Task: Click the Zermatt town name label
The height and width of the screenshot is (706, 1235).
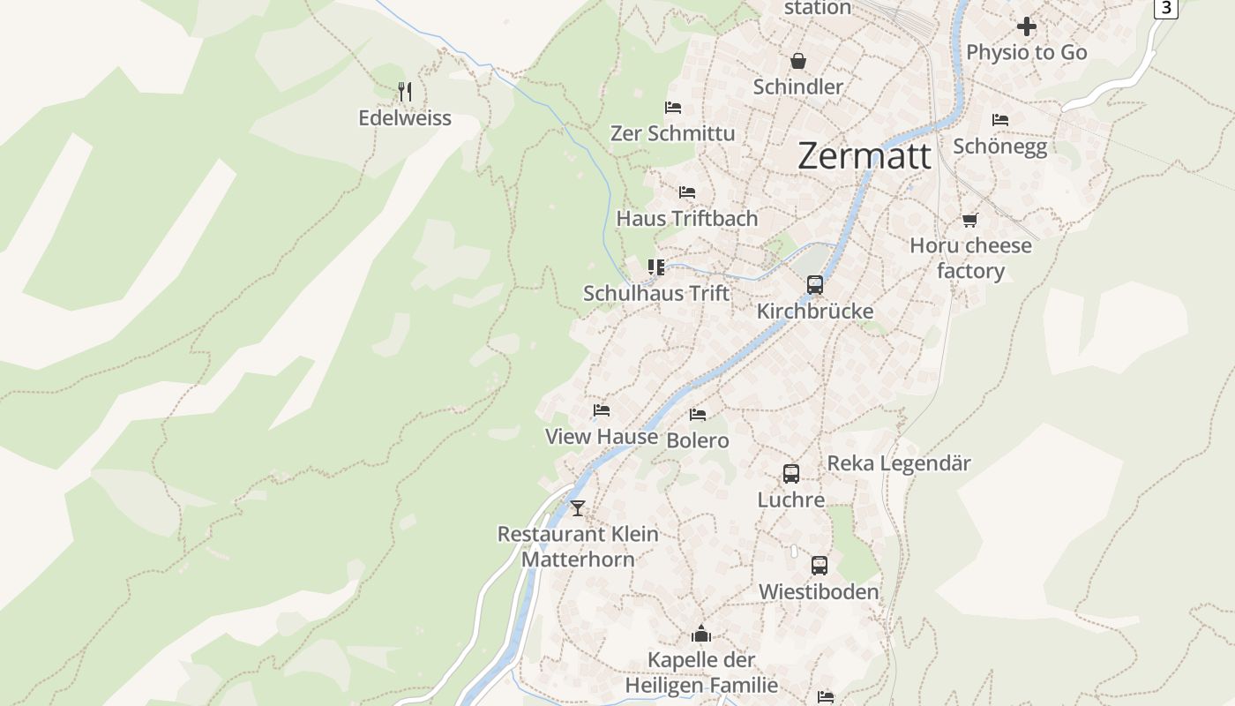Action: coord(864,156)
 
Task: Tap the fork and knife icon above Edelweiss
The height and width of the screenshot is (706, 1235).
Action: coord(405,91)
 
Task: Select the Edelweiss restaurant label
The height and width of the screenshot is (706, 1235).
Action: coord(405,118)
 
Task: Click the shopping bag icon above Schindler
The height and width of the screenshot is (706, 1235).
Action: coord(798,60)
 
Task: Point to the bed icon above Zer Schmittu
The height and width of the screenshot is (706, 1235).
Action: coord(673,108)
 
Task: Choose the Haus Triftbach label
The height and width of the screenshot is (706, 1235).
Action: coord(686,219)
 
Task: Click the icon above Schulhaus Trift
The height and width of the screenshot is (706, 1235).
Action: coord(656,267)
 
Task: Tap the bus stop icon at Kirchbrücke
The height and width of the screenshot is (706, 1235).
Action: coord(815,285)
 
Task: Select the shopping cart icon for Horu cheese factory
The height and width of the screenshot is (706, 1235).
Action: coord(970,220)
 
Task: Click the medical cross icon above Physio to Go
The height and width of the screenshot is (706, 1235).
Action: coord(1027,26)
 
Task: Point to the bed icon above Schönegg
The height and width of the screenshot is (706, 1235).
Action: coord(999,119)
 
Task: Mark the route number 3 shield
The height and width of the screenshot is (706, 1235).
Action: coord(1165,8)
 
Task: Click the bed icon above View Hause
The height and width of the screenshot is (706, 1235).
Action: coord(602,410)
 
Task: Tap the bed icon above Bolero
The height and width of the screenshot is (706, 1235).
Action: coord(698,414)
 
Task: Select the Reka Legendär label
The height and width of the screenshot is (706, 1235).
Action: coord(898,463)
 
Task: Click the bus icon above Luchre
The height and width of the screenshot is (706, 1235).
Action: coord(791,474)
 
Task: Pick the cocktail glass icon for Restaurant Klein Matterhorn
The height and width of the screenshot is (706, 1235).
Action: coord(578,508)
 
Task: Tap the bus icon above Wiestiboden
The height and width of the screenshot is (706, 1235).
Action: coord(820,566)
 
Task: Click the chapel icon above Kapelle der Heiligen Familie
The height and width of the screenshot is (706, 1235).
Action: coord(701,634)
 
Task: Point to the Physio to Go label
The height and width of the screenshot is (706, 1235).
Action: coord(1026,53)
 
